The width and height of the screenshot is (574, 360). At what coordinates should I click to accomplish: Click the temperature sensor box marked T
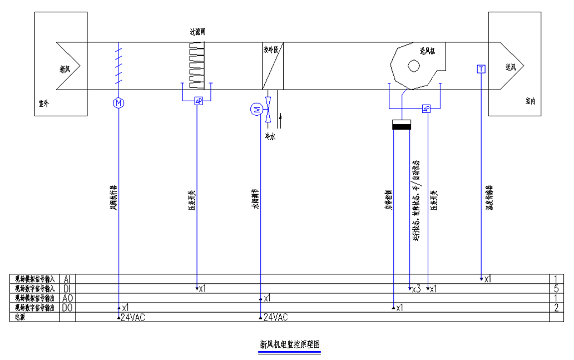click(x=481, y=69)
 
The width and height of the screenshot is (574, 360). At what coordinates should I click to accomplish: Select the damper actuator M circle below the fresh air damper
click(x=118, y=102)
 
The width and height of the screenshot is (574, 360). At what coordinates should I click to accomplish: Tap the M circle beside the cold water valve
click(x=257, y=110)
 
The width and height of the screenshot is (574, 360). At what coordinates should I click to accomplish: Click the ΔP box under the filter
click(x=198, y=101)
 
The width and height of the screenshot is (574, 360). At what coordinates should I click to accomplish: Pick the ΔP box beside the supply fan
click(x=427, y=109)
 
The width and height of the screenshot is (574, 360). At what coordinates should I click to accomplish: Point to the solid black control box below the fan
click(x=401, y=126)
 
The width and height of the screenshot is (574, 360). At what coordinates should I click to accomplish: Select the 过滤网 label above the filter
click(x=197, y=32)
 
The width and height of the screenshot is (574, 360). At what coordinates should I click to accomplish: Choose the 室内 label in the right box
click(x=530, y=101)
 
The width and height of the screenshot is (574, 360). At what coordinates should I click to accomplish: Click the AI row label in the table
click(x=67, y=279)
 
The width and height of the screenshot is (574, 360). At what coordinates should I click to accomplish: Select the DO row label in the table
click(x=67, y=307)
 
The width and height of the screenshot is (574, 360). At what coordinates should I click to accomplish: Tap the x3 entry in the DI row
click(x=416, y=289)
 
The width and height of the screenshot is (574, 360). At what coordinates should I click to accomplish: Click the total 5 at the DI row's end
click(x=556, y=289)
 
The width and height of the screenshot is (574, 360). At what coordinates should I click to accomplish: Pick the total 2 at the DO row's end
click(x=556, y=307)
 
